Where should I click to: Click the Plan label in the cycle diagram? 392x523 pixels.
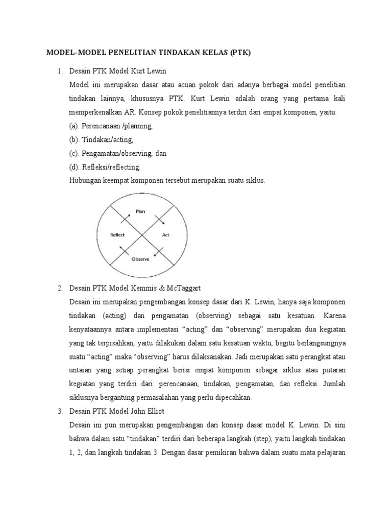point(140,210)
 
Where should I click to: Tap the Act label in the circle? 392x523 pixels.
point(166,235)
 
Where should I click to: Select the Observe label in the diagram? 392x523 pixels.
point(140,259)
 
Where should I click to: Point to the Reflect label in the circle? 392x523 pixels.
point(118,235)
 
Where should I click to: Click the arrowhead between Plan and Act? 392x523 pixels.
point(163,224)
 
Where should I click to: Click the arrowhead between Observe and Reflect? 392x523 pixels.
point(121,247)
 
